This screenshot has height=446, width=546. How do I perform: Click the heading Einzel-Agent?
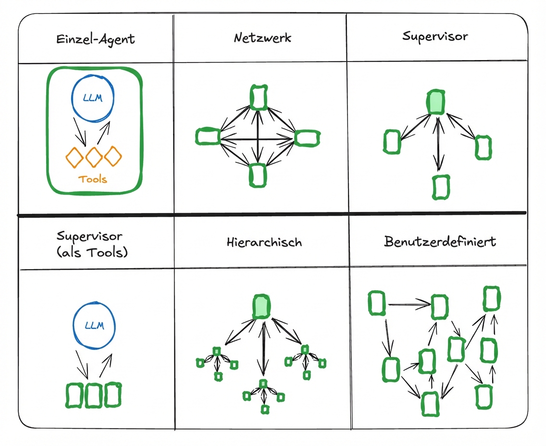pyautogui.click(x=96, y=39)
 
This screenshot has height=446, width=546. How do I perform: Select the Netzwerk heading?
pyautogui.click(x=262, y=38)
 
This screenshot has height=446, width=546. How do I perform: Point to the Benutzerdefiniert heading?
pyautogui.click(x=440, y=241)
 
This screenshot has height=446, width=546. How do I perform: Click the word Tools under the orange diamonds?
pyautogui.click(x=93, y=179)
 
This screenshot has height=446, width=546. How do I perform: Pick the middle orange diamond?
pyautogui.click(x=94, y=156)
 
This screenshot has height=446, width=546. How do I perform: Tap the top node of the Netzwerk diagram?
pyautogui.click(x=259, y=97)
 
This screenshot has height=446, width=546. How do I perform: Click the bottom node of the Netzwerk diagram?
pyautogui.click(x=258, y=175)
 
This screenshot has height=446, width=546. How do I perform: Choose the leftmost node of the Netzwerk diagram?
pyautogui.click(x=208, y=136)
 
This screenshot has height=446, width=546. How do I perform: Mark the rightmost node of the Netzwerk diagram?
pyautogui.click(x=307, y=137)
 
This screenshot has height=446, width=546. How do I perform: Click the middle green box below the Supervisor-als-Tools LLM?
pyautogui.click(x=94, y=396)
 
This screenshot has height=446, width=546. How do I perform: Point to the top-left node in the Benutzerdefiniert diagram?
pyautogui.click(x=377, y=303)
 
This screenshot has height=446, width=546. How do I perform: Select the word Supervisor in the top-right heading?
pyautogui.click(x=435, y=37)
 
